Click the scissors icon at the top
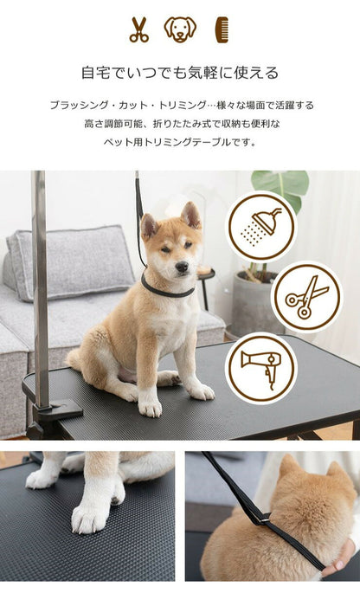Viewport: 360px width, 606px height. (x=138, y=29)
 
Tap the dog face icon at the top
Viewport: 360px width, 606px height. (x=180, y=29)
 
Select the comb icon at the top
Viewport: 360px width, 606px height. (x=222, y=29)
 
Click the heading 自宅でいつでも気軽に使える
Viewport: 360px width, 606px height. (x=180, y=73)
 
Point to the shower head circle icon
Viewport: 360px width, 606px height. (x=260, y=227)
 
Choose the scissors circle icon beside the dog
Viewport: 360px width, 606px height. (x=306, y=297)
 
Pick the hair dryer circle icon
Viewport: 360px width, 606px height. (x=260, y=367)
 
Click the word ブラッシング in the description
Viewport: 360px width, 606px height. (x=75, y=105)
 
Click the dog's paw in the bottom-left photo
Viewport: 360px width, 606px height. (x=91, y=516)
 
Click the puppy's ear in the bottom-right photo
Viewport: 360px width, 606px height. (x=290, y=472)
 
